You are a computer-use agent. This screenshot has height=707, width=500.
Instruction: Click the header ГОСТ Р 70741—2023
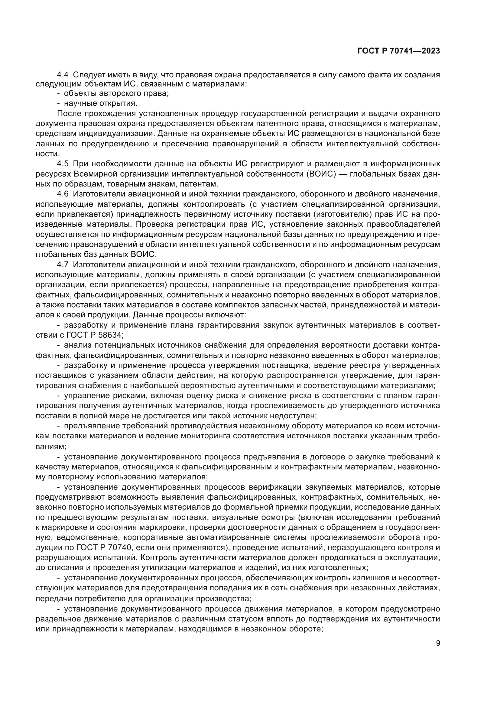(x=398, y=51)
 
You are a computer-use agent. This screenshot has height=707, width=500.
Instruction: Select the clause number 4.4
(x=63, y=75)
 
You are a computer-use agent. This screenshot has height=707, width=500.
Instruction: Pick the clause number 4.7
(x=63, y=264)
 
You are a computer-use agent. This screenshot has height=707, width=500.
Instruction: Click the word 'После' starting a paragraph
(x=68, y=114)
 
